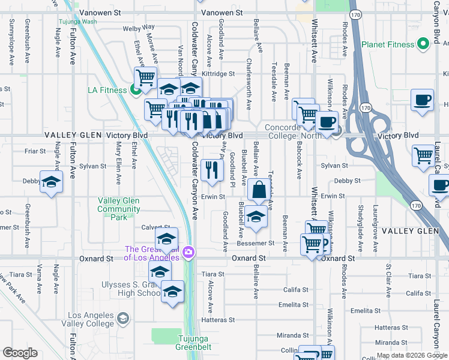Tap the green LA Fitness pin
136,91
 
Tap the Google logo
20,353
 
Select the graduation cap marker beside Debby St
51,182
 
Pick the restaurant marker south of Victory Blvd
211,170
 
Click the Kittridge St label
218,74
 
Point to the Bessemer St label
255,244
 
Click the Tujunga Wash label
77,22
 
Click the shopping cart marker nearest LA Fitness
145,77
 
